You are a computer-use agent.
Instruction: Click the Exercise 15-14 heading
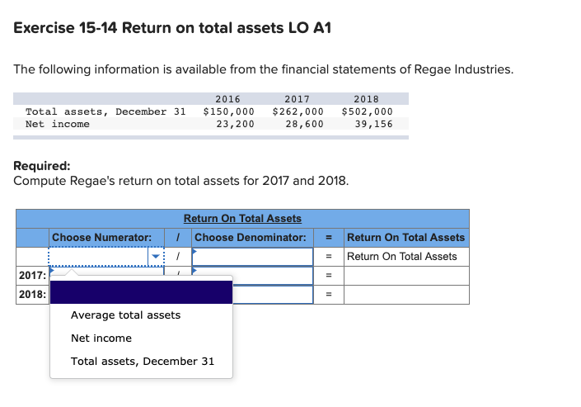coord(172,28)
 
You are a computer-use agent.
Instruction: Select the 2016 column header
coord(227,99)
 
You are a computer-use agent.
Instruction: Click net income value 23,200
coord(235,124)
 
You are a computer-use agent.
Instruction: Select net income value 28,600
coord(304,124)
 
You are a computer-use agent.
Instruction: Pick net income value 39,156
coord(373,124)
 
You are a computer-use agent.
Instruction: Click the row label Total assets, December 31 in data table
coord(106,111)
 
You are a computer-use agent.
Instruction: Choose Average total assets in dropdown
coord(125,315)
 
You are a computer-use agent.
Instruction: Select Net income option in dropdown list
coord(101,338)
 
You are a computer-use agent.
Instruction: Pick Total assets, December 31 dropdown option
coord(143,361)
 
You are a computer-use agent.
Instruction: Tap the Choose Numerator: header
coord(101,238)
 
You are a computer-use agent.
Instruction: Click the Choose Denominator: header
coord(251,238)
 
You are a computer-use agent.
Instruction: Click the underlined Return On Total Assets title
coord(242,219)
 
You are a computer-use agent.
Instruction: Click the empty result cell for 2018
coord(405,295)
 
